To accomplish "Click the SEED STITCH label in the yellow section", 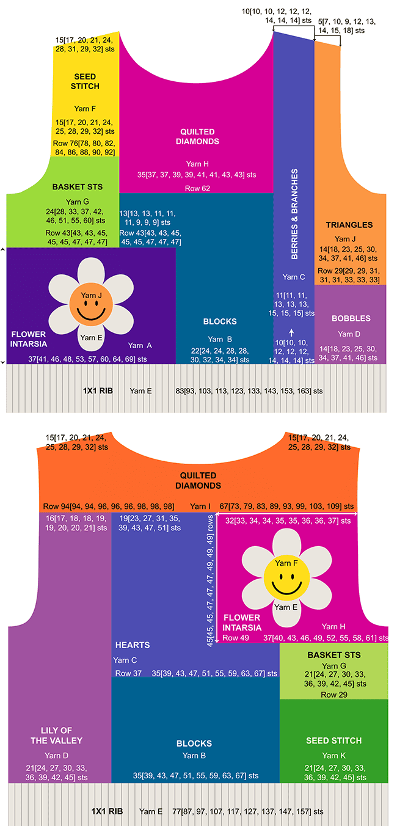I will (x=86, y=81).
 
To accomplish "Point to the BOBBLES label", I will (x=351, y=318).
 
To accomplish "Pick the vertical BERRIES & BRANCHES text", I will (x=294, y=214).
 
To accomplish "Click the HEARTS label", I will (x=133, y=645).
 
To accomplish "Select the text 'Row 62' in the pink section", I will (x=197, y=188).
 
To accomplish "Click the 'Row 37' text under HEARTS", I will (x=128, y=673).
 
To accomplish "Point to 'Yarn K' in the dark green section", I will (x=334, y=756).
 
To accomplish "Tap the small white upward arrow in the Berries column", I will (x=291, y=332).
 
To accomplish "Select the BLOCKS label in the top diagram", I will (x=220, y=321).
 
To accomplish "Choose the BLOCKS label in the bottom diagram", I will (x=194, y=744).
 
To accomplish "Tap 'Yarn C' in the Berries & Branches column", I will (x=294, y=277).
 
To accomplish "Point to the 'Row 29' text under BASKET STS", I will (x=333, y=695).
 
